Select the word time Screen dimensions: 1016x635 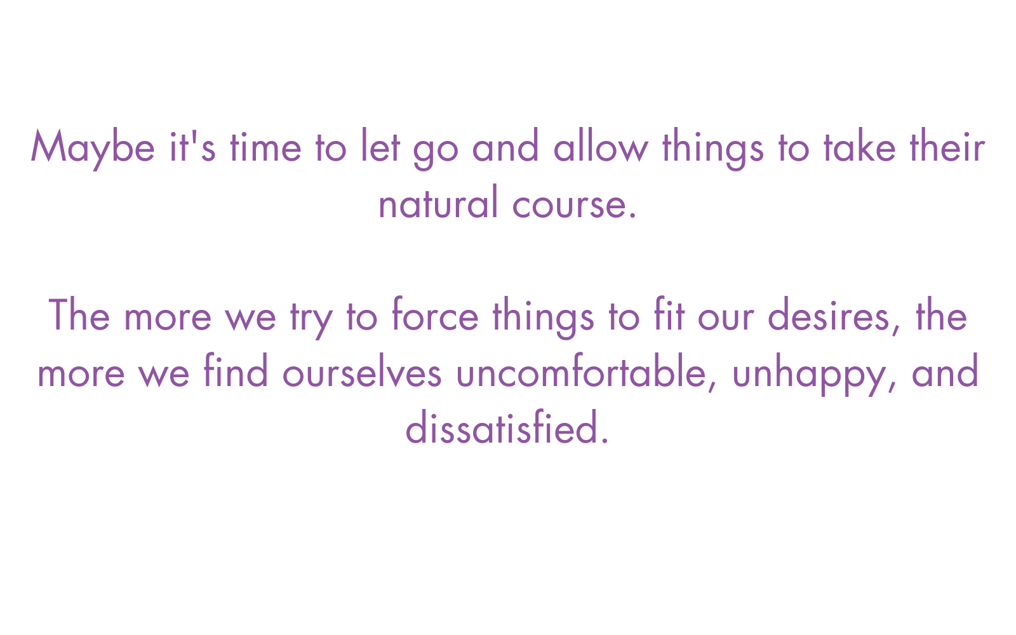click(x=266, y=147)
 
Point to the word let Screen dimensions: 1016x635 click(x=380, y=145)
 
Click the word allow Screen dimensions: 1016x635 click(x=601, y=145)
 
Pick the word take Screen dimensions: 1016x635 click(x=860, y=145)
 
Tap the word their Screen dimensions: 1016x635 click(x=947, y=145)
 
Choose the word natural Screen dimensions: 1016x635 click(x=439, y=201)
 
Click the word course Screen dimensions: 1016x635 click(x=570, y=206)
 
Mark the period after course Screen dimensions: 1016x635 click(x=634, y=216)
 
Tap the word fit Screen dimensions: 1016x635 click(x=669, y=314)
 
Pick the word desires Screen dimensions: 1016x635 click(x=829, y=314)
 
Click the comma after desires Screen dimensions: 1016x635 click(x=895, y=330)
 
